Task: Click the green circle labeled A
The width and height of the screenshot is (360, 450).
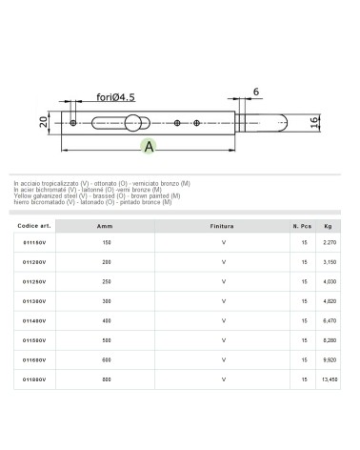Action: (149, 146)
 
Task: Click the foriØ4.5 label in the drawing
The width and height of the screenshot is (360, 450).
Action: (116, 96)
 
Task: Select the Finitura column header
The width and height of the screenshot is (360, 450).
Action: (222, 229)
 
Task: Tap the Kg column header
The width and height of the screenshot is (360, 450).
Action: (329, 229)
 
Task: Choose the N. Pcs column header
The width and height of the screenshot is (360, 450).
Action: (302, 229)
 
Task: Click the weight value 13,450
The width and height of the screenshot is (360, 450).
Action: (329, 379)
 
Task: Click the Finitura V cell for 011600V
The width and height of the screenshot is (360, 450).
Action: (222, 361)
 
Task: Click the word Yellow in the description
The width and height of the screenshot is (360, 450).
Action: (23, 195)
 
